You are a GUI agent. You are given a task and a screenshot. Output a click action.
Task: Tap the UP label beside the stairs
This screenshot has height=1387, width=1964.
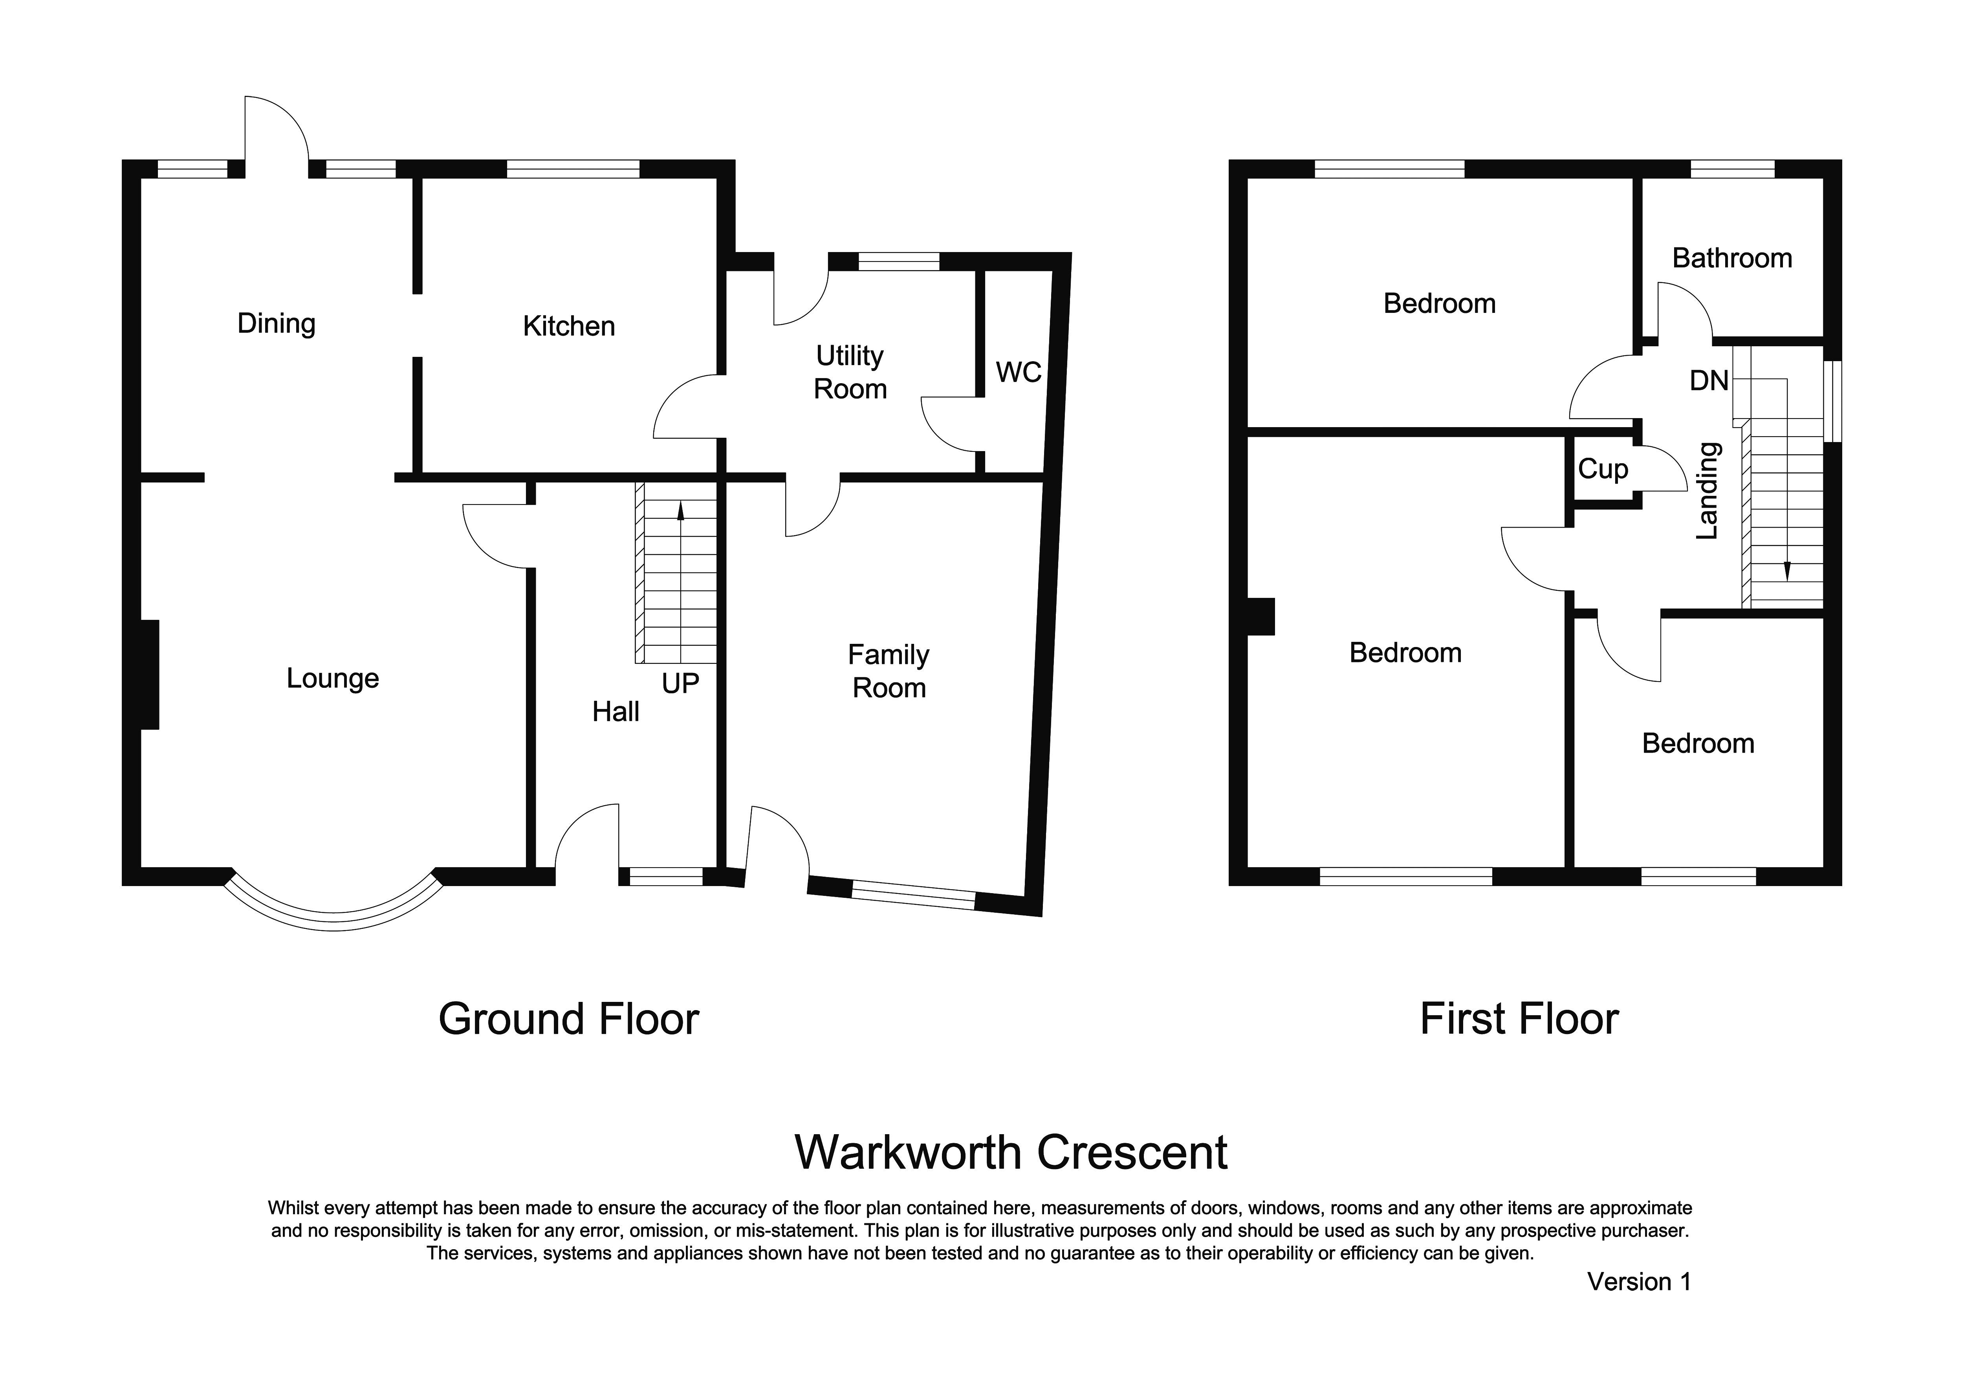680,683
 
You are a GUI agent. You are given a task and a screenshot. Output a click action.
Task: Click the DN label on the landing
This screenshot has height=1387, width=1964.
1709,380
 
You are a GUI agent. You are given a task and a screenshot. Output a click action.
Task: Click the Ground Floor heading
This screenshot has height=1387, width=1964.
569,1019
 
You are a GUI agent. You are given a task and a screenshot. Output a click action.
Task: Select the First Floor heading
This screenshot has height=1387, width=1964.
1519,1019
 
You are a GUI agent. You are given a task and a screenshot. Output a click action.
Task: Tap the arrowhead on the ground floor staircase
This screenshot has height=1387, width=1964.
681,510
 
